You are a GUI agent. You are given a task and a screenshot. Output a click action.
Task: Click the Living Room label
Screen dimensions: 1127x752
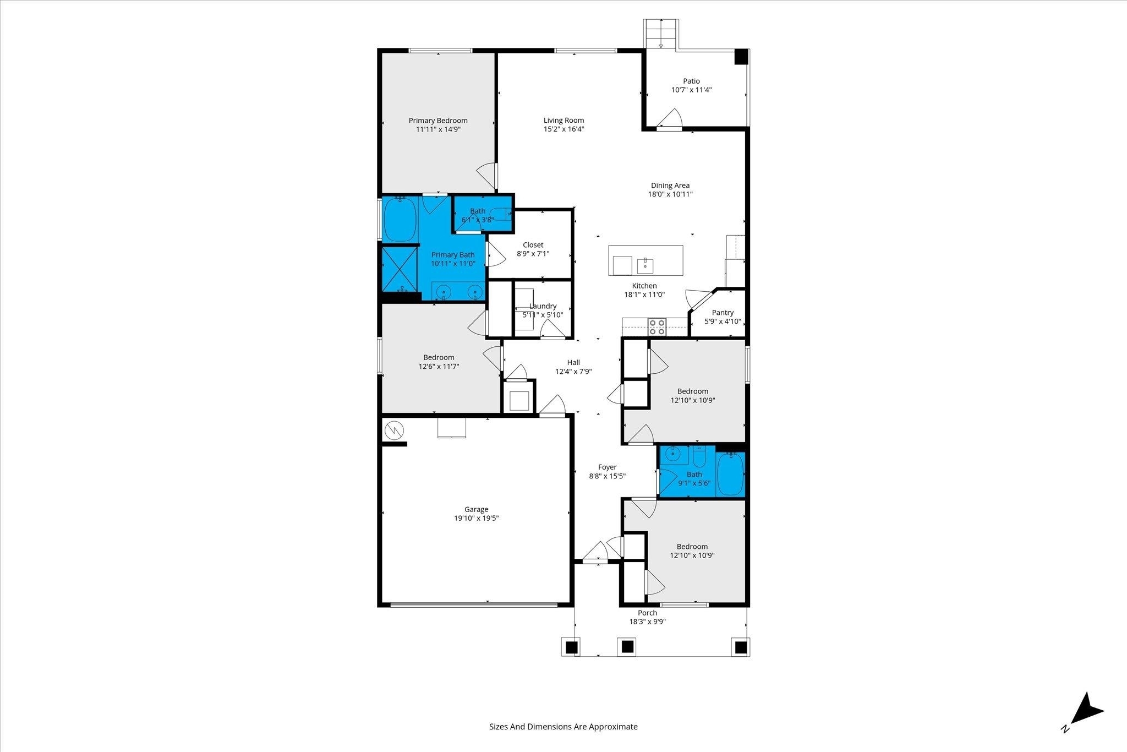click(563, 120)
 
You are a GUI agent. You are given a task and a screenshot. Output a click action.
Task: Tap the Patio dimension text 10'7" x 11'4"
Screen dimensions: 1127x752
click(691, 90)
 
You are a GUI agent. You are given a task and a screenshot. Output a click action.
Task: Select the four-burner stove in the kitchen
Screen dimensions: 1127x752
click(656, 326)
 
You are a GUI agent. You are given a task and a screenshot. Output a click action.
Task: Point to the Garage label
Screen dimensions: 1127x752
click(476, 509)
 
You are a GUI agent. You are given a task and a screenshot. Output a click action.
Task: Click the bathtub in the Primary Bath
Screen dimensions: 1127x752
click(400, 220)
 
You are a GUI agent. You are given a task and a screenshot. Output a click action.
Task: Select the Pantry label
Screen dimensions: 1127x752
click(723, 312)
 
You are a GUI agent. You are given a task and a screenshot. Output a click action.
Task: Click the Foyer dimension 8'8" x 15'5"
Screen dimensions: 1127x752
click(607, 476)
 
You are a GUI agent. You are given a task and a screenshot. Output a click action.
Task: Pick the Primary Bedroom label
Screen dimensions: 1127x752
click(438, 121)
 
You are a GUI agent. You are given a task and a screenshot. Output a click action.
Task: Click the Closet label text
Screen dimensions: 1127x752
click(533, 245)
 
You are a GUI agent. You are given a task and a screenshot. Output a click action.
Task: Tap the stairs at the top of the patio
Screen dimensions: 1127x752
click(661, 34)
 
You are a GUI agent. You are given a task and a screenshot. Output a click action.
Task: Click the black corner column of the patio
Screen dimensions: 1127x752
click(741, 57)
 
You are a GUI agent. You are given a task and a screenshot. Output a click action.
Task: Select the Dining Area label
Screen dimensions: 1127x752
click(670, 186)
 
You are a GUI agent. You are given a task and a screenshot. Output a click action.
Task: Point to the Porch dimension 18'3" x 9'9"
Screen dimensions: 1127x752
click(648, 622)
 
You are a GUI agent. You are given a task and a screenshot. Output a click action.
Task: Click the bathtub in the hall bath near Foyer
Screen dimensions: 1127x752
click(730, 474)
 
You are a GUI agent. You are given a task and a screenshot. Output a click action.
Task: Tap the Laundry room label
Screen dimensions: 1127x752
click(543, 306)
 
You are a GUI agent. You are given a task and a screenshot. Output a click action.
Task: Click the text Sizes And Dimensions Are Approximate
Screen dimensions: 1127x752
click(563, 726)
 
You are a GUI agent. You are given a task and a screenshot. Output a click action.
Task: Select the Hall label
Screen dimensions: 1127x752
click(573, 362)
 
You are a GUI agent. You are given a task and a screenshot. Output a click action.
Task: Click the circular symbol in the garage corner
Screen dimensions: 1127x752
click(394, 431)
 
